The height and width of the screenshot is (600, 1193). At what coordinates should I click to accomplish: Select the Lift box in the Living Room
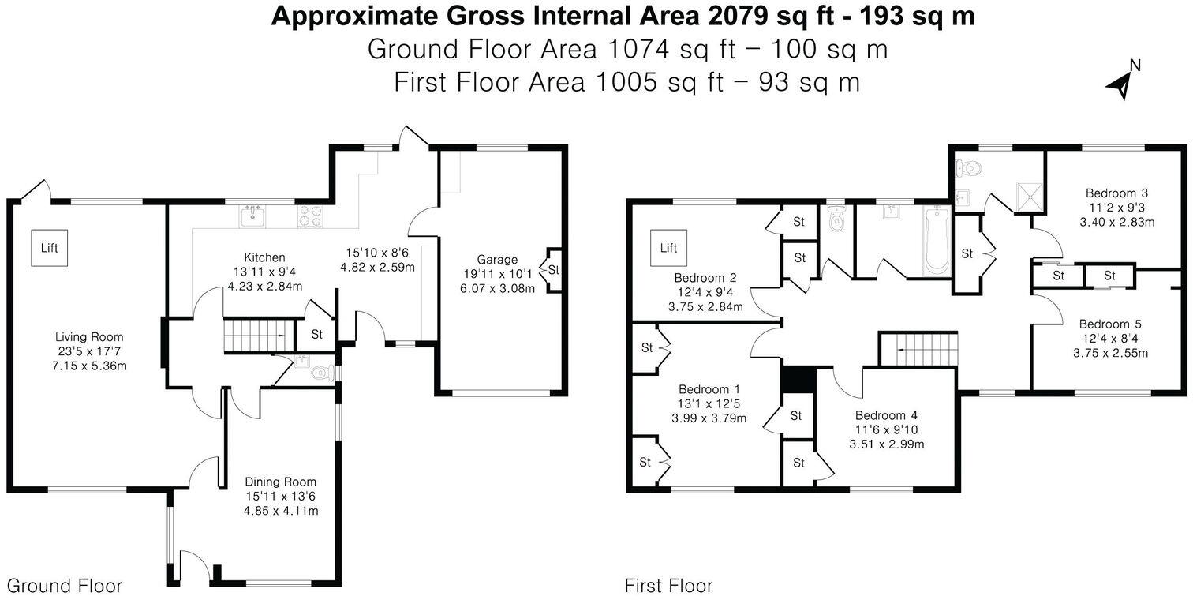click(50, 248)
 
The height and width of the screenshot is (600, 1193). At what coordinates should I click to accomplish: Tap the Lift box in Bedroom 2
click(668, 248)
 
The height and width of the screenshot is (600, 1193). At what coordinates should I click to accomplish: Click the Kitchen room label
click(264, 257)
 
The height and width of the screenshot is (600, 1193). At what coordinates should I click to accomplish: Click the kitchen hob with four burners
click(310, 216)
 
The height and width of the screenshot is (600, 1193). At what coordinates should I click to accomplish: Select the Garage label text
click(497, 259)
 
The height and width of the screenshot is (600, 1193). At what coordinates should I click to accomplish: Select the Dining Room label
click(280, 482)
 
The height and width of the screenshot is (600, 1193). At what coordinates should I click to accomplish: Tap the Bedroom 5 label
click(1110, 324)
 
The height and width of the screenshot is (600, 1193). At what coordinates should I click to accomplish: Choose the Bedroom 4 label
click(886, 416)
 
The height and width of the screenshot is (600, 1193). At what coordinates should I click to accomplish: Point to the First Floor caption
click(668, 586)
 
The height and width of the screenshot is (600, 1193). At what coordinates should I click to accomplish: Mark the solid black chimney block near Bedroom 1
click(797, 378)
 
